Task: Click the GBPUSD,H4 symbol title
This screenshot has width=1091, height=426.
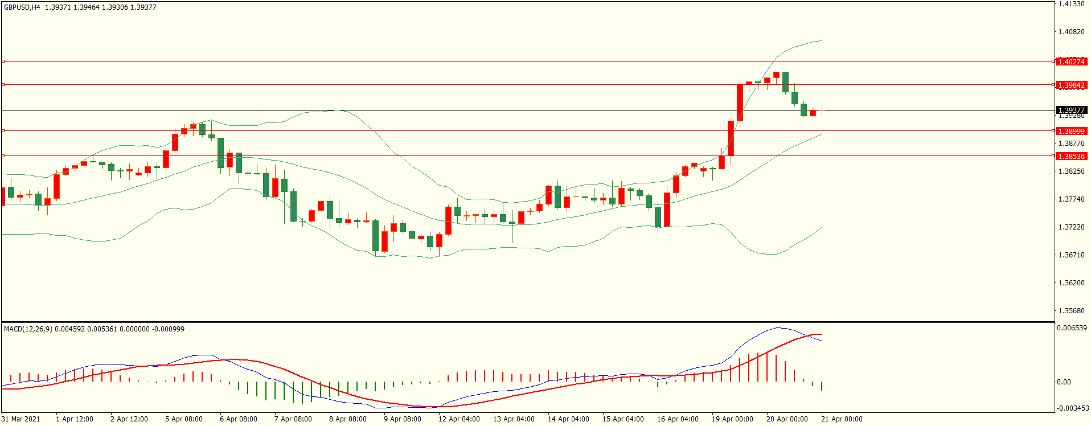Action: click(22, 7)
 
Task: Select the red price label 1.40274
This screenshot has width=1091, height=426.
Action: click(1071, 62)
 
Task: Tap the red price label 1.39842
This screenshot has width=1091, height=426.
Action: click(1071, 85)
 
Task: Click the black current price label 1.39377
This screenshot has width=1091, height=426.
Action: click(1071, 110)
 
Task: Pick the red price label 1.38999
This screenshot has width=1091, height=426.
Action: click(1071, 131)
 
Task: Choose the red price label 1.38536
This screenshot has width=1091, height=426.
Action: click(1071, 156)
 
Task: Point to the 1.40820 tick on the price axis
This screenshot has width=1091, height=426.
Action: click(1071, 32)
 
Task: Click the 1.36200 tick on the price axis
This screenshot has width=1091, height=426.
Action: click(1071, 283)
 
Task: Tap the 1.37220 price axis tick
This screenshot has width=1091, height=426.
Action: click(1071, 227)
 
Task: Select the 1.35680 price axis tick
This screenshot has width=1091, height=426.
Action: click(1071, 311)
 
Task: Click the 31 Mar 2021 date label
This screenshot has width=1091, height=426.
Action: click(21, 419)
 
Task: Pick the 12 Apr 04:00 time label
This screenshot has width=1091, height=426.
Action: click(459, 419)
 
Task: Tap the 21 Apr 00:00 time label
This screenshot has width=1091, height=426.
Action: click(842, 419)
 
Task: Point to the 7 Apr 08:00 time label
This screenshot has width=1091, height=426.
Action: click(293, 419)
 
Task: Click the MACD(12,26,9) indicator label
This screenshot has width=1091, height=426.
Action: click(28, 329)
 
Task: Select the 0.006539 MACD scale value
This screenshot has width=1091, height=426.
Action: click(1072, 328)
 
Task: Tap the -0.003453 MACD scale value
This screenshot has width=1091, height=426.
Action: click(1073, 408)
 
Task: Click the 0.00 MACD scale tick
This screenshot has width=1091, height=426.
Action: click(1064, 382)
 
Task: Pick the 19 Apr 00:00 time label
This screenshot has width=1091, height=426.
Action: click(732, 419)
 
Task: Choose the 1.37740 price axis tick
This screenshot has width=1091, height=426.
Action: click(1071, 199)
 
